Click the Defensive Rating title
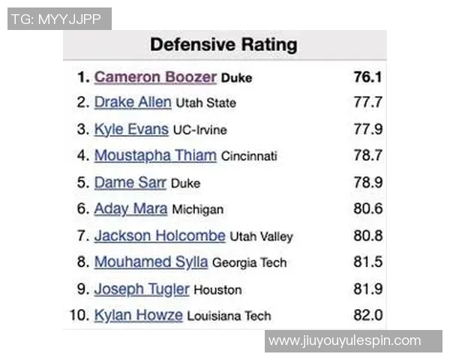(x=223, y=45)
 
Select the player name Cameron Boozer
(x=155, y=77)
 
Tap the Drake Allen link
(x=133, y=103)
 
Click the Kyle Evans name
(x=131, y=129)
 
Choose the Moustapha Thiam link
(x=155, y=156)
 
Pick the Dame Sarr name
(x=130, y=182)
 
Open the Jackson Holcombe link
(x=160, y=235)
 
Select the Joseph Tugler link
(x=142, y=289)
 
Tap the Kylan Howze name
(x=138, y=315)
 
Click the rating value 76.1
(x=368, y=77)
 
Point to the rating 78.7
(x=368, y=156)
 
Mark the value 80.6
(x=368, y=209)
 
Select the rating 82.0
(x=368, y=315)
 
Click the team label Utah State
(x=205, y=103)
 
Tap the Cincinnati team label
(x=249, y=157)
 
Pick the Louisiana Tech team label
(x=229, y=316)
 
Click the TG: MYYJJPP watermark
(x=59, y=19)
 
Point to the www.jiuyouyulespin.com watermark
(x=345, y=341)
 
